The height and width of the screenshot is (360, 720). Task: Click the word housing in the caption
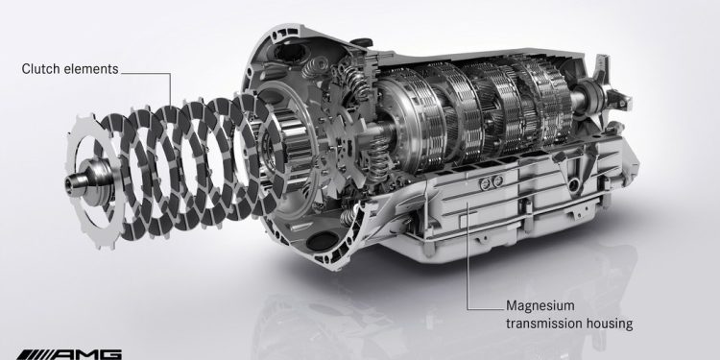tap(610, 324)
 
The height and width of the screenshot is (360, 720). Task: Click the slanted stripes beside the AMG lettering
tap(34, 354)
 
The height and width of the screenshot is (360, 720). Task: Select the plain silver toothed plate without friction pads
tap(92, 180)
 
